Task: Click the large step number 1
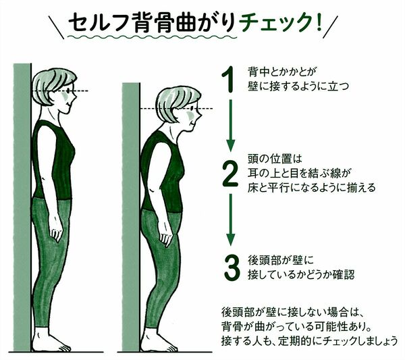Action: click(x=229, y=79)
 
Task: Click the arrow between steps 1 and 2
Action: click(x=231, y=126)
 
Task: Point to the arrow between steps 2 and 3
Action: click(x=231, y=220)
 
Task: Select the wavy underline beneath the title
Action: click(x=152, y=37)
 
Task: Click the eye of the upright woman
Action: click(x=68, y=91)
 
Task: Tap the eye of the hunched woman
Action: click(x=192, y=109)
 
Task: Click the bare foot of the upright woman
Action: click(x=50, y=340)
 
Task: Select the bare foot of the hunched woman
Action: click(x=158, y=340)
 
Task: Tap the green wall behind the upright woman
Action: click(x=22, y=207)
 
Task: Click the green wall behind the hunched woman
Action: click(x=131, y=217)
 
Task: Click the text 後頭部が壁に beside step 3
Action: click(x=281, y=261)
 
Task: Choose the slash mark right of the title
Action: click(x=330, y=26)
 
